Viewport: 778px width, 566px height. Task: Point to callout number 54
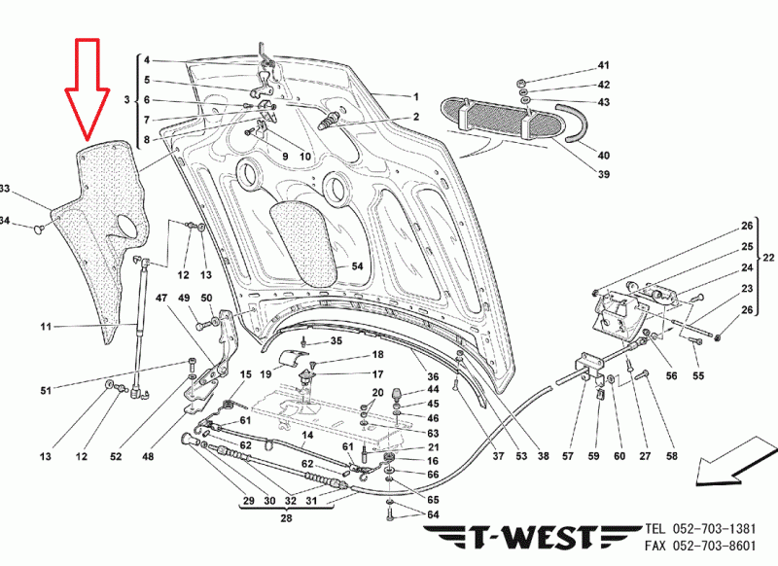[x=357, y=265]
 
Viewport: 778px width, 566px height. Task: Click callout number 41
[x=603, y=65]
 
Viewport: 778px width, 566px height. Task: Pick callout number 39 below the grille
[x=603, y=175]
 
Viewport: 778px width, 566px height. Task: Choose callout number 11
[x=45, y=327]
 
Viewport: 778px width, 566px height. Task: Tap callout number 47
[x=161, y=298]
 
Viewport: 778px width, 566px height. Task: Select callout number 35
[x=336, y=341]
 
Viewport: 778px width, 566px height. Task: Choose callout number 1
[x=415, y=97]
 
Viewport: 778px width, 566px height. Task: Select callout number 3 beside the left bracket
[x=126, y=101]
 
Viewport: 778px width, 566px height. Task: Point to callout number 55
[x=697, y=375]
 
